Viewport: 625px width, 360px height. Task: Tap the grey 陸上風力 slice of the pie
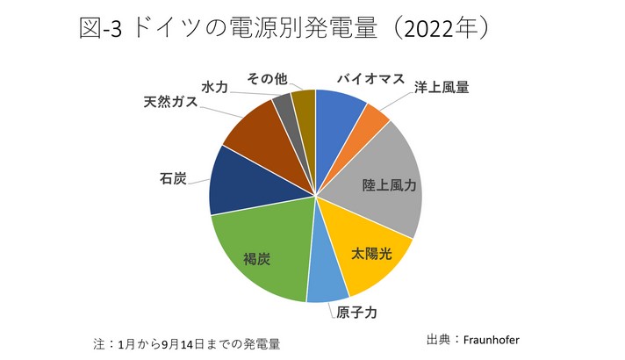click(x=386, y=180)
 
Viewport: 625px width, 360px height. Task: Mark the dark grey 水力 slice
click(x=284, y=110)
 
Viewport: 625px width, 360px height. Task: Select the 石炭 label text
click(x=173, y=179)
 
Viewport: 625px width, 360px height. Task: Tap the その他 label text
click(x=268, y=78)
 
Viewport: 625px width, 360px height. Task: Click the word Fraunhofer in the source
click(x=497, y=337)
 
